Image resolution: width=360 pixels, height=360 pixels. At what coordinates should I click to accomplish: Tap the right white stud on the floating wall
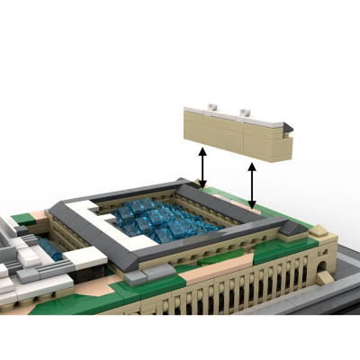pyautogui.click(x=244, y=112)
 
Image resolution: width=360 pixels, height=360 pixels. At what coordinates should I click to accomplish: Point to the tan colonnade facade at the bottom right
pyautogui.click(x=261, y=288)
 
